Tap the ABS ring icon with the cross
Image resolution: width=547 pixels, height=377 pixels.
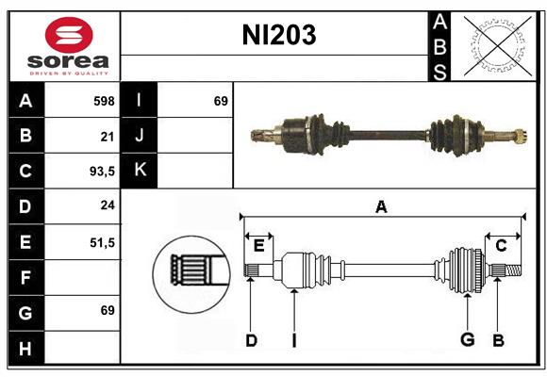pyautogui.click(x=495, y=45)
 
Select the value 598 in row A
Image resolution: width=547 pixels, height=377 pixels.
pyautogui.click(x=103, y=100)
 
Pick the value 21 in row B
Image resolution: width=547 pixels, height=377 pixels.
pyautogui.click(x=107, y=136)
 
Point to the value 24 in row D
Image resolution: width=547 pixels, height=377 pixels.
pyautogui.click(x=107, y=205)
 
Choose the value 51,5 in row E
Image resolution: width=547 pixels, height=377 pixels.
pyautogui.click(x=101, y=241)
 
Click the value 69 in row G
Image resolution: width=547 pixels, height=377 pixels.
pyautogui.click(x=106, y=310)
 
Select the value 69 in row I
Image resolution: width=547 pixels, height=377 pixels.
pyautogui.click(x=221, y=100)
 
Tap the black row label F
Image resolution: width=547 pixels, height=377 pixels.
pyautogui.click(x=25, y=277)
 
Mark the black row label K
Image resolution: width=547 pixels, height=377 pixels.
pyautogui.click(x=140, y=171)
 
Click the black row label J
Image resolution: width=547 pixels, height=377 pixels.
pyautogui.click(x=140, y=136)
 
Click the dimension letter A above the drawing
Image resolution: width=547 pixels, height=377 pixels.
pyautogui.click(x=381, y=207)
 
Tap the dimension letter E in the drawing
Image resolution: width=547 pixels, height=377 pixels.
pyautogui.click(x=258, y=246)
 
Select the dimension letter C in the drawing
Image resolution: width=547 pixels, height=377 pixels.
pyautogui.click(x=502, y=246)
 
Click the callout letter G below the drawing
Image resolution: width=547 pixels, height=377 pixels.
pyautogui.click(x=466, y=340)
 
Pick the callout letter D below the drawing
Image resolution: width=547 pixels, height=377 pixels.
pyautogui.click(x=251, y=340)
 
